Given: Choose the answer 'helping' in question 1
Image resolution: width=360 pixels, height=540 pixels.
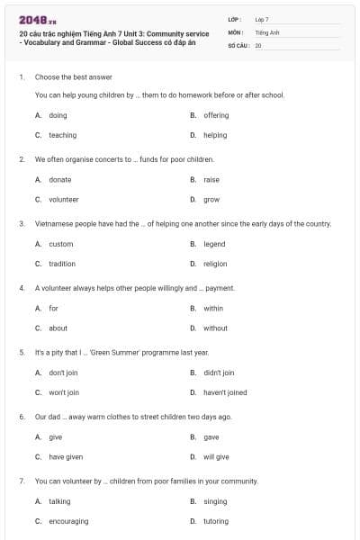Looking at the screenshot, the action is pyautogui.click(x=215, y=135).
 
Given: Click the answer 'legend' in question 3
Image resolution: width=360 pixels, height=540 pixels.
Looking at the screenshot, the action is pyautogui.click(x=214, y=244).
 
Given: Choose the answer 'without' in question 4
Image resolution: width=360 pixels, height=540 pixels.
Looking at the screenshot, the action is pyautogui.click(x=215, y=328).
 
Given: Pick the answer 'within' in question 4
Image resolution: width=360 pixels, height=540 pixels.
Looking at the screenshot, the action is pyautogui.click(x=213, y=308).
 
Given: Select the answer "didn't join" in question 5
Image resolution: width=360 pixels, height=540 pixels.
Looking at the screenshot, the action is pyautogui.click(x=219, y=373).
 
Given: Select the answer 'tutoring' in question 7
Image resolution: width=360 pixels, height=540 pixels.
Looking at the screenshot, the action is pyautogui.click(x=216, y=521).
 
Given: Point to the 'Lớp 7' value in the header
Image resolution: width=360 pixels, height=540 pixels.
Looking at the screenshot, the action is pyautogui.click(x=262, y=19).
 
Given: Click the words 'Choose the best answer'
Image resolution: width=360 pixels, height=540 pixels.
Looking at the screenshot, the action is pyautogui.click(x=74, y=77).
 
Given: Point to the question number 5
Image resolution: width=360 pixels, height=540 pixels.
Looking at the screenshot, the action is pyautogui.click(x=22, y=353).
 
